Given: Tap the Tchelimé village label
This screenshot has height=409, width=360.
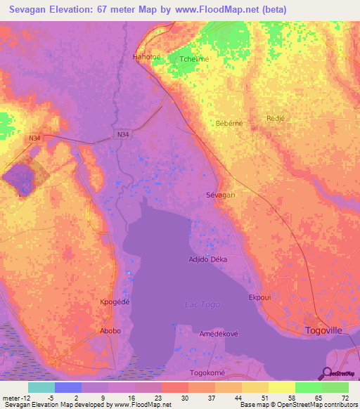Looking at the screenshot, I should (194, 60).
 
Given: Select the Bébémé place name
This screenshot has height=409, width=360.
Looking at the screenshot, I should (229, 123).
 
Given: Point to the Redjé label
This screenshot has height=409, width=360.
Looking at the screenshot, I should (275, 119).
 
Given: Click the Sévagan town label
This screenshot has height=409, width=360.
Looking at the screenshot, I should (220, 195).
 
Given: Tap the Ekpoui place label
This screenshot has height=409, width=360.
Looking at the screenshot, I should (260, 297).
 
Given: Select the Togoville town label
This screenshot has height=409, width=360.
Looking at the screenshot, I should (327, 330).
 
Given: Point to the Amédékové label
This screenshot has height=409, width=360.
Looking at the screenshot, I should (214, 334).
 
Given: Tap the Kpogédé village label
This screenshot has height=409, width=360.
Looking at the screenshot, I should (116, 301).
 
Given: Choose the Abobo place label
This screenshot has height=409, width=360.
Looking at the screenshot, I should (110, 331).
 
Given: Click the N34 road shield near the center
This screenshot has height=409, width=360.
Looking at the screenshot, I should (123, 134).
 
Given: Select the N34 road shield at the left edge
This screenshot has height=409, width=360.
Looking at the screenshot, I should (35, 138).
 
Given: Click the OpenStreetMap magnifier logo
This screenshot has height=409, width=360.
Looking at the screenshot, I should (326, 373).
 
